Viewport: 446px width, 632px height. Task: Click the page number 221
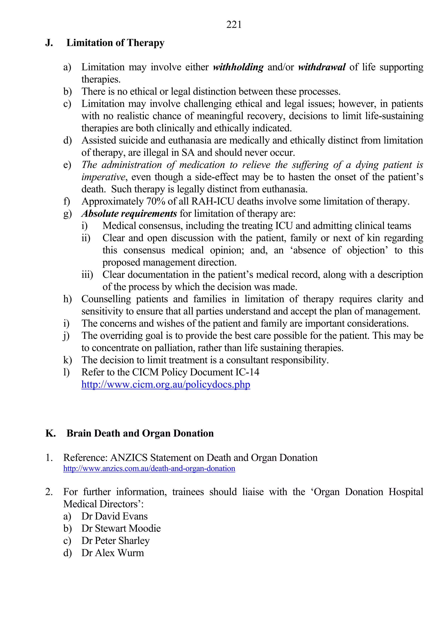(234, 25)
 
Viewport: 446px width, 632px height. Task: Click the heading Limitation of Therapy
(115, 43)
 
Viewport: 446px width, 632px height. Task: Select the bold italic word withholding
(238, 67)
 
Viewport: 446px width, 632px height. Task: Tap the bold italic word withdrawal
(322, 67)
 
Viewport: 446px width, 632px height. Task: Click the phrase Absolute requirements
(129, 214)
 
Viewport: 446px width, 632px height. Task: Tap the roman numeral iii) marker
(87, 275)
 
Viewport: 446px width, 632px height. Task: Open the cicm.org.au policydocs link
(166, 385)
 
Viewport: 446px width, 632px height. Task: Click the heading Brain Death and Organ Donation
(140, 433)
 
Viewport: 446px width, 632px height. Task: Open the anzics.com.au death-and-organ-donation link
(149, 468)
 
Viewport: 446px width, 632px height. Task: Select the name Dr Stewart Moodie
(121, 528)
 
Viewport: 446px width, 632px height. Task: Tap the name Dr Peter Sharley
(115, 541)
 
